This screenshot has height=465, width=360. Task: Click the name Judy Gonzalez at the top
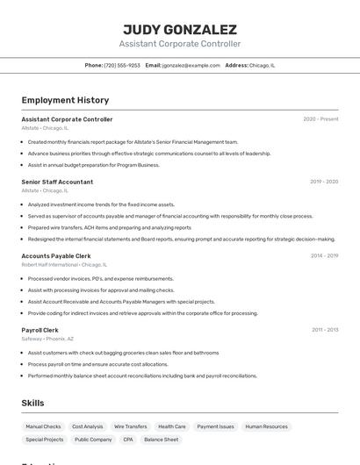pyautogui.click(x=179, y=28)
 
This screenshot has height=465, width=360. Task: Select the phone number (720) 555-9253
pyautogui.click(x=122, y=65)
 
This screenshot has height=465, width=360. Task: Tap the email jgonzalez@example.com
pyautogui.click(x=191, y=65)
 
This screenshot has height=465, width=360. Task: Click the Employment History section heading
pyautogui.click(x=65, y=100)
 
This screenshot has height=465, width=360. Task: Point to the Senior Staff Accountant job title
pyautogui.click(x=57, y=182)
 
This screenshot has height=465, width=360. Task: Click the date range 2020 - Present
pyautogui.click(x=320, y=119)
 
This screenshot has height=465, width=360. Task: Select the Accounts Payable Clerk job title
pyautogui.click(x=56, y=256)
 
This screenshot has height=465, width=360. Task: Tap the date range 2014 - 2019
pyautogui.click(x=324, y=256)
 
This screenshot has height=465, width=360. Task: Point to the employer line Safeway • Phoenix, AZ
pyautogui.click(x=47, y=339)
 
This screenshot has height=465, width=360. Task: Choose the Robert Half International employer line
pyautogui.click(x=64, y=264)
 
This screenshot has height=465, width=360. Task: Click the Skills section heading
pyautogui.click(x=32, y=403)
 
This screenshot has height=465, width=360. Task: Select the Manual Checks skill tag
pyautogui.click(x=43, y=426)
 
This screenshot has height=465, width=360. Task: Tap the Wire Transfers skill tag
pyautogui.click(x=131, y=426)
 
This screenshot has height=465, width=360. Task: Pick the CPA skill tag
pyautogui.click(x=128, y=440)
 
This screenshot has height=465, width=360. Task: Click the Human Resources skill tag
pyautogui.click(x=267, y=426)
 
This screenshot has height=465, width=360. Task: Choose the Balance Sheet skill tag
pyautogui.click(x=162, y=440)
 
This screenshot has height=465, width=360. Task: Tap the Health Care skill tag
pyautogui.click(x=172, y=426)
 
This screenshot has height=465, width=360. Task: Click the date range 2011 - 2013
pyautogui.click(x=325, y=330)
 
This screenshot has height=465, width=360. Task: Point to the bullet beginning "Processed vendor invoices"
pyautogui.click(x=100, y=278)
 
